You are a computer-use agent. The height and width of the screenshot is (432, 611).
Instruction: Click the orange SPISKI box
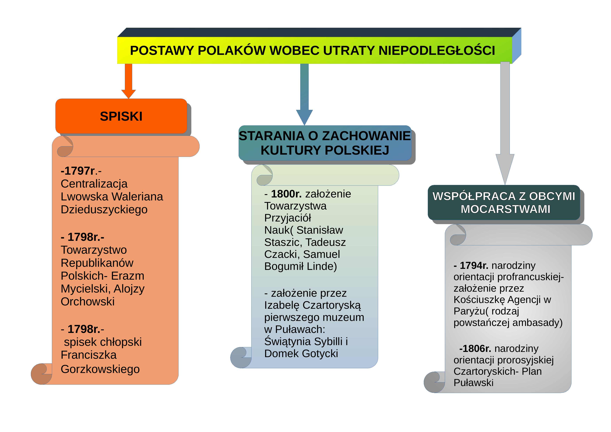(121, 116)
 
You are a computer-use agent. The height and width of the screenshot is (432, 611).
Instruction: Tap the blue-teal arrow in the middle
(304, 94)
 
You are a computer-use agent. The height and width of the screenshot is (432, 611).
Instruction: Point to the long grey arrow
(505, 123)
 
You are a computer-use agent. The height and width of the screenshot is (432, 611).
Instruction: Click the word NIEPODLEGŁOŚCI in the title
(437, 50)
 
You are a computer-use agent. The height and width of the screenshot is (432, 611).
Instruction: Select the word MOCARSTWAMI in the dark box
(505, 209)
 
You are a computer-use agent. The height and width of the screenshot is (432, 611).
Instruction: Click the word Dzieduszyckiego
(104, 210)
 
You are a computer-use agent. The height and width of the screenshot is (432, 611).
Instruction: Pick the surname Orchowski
(88, 302)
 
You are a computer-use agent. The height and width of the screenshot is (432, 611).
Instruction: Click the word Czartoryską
(332, 305)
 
